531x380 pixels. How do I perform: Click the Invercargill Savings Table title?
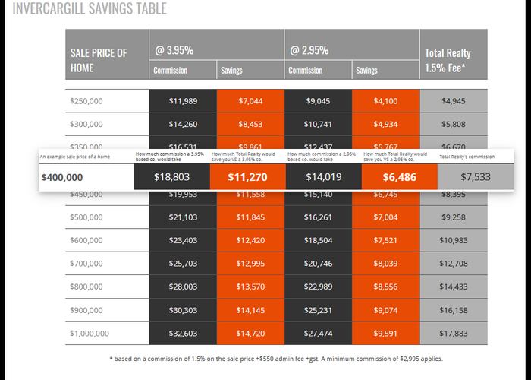(x=90, y=9)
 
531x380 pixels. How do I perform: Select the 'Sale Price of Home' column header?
(x=99, y=60)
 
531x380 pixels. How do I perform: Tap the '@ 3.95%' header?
(x=174, y=51)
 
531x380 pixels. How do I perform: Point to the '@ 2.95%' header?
(x=309, y=51)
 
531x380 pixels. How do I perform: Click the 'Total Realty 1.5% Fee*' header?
(x=448, y=60)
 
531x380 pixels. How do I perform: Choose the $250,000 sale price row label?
(x=86, y=101)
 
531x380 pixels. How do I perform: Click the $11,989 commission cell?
(x=183, y=101)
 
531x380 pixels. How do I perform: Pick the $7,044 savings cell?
(x=250, y=101)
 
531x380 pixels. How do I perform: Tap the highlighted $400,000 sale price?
(x=62, y=178)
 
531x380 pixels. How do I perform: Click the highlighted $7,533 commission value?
(x=476, y=177)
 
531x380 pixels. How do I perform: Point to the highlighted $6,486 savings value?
(x=400, y=178)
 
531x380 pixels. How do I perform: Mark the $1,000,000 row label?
(x=90, y=334)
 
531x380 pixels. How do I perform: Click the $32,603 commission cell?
(x=183, y=334)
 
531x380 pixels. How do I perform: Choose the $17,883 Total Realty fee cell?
(x=454, y=334)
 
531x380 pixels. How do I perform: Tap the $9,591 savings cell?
(x=385, y=334)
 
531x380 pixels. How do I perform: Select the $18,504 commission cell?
(x=319, y=240)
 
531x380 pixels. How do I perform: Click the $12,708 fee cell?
(x=454, y=264)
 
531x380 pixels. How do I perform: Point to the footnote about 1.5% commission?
(x=275, y=359)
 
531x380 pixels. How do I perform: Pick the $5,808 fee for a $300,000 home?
(x=454, y=125)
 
